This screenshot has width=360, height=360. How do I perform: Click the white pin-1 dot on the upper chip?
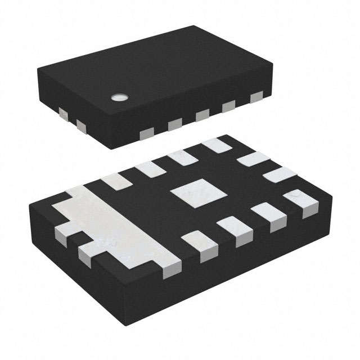[x=119, y=97]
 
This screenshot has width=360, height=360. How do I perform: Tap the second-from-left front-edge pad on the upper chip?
[x=174, y=124]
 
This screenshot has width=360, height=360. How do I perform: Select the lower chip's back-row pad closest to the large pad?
[x=114, y=181]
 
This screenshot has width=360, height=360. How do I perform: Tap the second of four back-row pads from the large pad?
[x=147, y=168]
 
